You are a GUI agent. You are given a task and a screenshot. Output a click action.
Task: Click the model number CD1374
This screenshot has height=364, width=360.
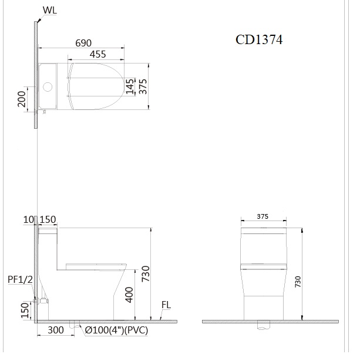click(x=259, y=39)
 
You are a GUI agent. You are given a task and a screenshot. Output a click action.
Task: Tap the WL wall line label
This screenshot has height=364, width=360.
click(x=51, y=11)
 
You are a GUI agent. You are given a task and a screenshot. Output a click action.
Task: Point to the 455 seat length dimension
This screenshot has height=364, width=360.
click(x=97, y=54)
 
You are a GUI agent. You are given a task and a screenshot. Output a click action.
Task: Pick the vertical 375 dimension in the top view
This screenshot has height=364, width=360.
click(x=142, y=86)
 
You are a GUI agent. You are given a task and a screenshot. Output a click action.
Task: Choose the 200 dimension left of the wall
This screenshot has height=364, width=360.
click(x=22, y=101)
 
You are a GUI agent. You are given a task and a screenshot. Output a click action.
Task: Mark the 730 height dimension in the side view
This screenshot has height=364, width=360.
click(x=145, y=274)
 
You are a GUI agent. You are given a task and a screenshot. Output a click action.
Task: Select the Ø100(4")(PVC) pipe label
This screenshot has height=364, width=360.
click(x=116, y=330)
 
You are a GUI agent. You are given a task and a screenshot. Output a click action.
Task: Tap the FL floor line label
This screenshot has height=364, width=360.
click(x=166, y=305)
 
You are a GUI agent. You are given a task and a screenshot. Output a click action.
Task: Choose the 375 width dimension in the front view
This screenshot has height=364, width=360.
click(x=263, y=216)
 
